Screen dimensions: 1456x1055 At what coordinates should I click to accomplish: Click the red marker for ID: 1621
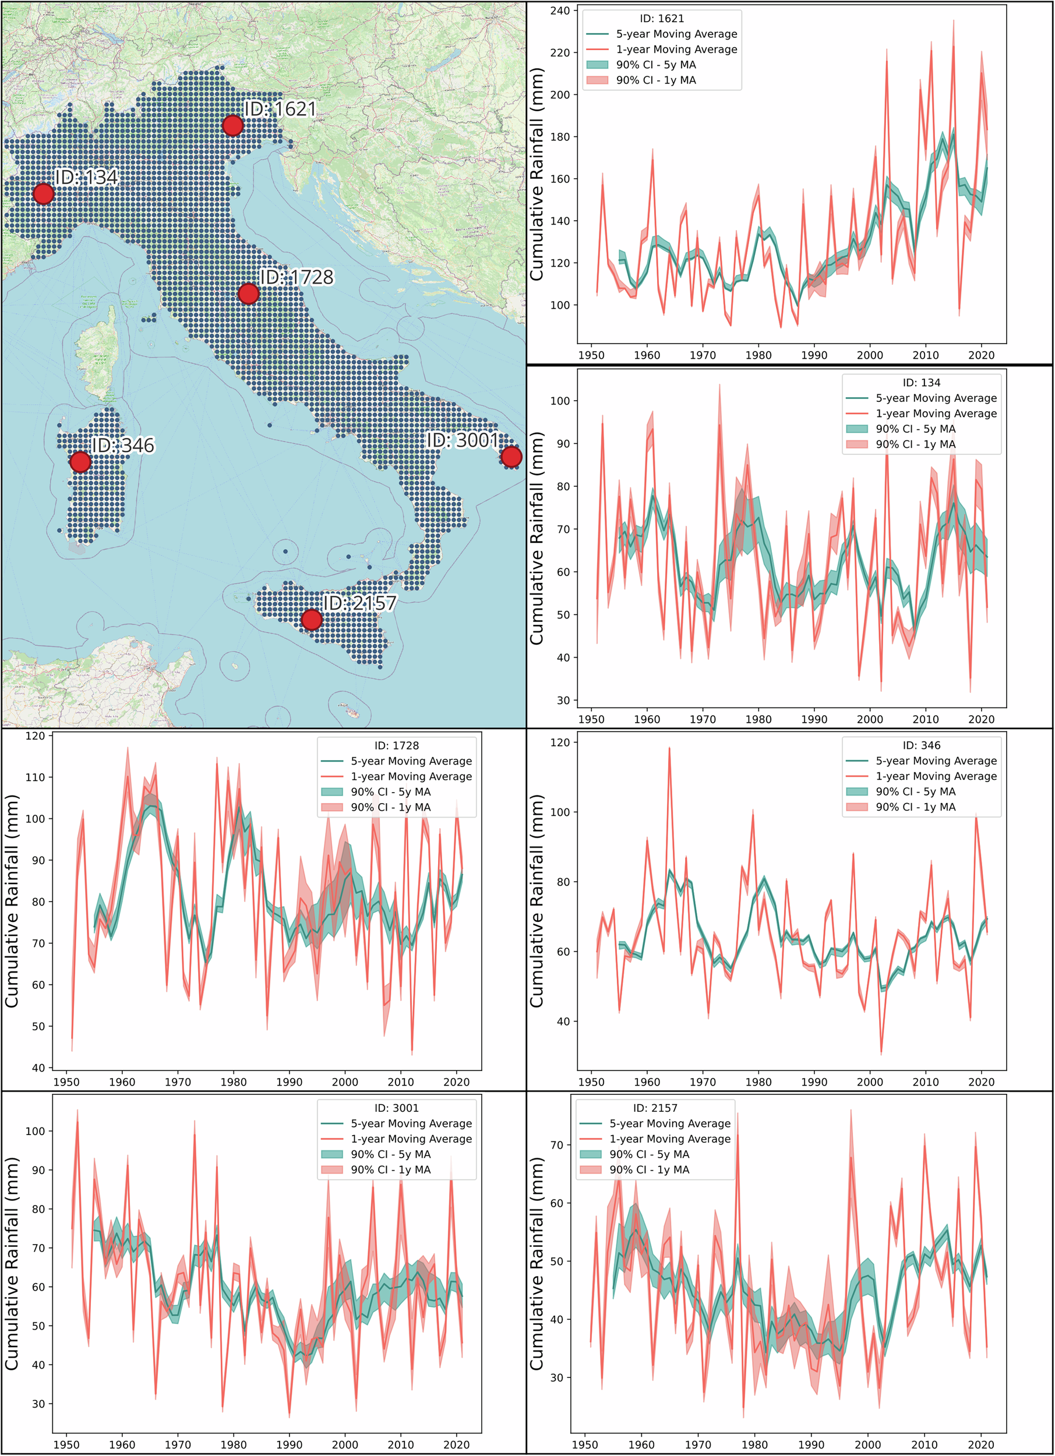point(232,125)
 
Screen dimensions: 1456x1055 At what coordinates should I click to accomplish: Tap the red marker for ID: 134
point(43,193)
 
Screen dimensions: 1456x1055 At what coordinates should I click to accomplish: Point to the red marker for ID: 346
point(80,462)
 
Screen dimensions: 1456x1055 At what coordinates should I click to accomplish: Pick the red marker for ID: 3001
point(511,457)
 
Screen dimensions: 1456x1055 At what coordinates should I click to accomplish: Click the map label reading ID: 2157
point(359,603)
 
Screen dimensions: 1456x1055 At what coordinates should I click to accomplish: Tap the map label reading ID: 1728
point(296,277)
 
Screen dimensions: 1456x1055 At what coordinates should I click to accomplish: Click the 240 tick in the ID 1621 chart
point(560,11)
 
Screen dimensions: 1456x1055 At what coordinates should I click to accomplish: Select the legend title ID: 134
point(922,383)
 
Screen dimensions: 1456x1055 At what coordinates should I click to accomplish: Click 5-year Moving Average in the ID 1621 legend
point(676,34)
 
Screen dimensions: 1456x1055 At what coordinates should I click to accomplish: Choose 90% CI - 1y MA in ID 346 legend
point(915,807)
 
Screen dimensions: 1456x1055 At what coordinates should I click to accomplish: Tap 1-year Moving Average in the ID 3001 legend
point(411,1139)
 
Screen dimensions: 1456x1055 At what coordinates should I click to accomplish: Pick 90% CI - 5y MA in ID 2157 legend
point(649,1154)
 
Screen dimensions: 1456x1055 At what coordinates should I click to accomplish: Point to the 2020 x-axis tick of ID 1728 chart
point(456,1082)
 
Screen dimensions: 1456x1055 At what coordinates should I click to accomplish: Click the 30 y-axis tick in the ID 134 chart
point(563,701)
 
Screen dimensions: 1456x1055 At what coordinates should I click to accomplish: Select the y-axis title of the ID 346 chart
point(536,901)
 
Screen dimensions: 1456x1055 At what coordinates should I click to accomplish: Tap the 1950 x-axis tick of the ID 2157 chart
point(585,1444)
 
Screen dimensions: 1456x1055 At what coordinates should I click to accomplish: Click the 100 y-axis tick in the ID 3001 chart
point(36,1131)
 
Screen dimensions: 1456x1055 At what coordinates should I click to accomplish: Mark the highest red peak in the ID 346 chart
point(669,748)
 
